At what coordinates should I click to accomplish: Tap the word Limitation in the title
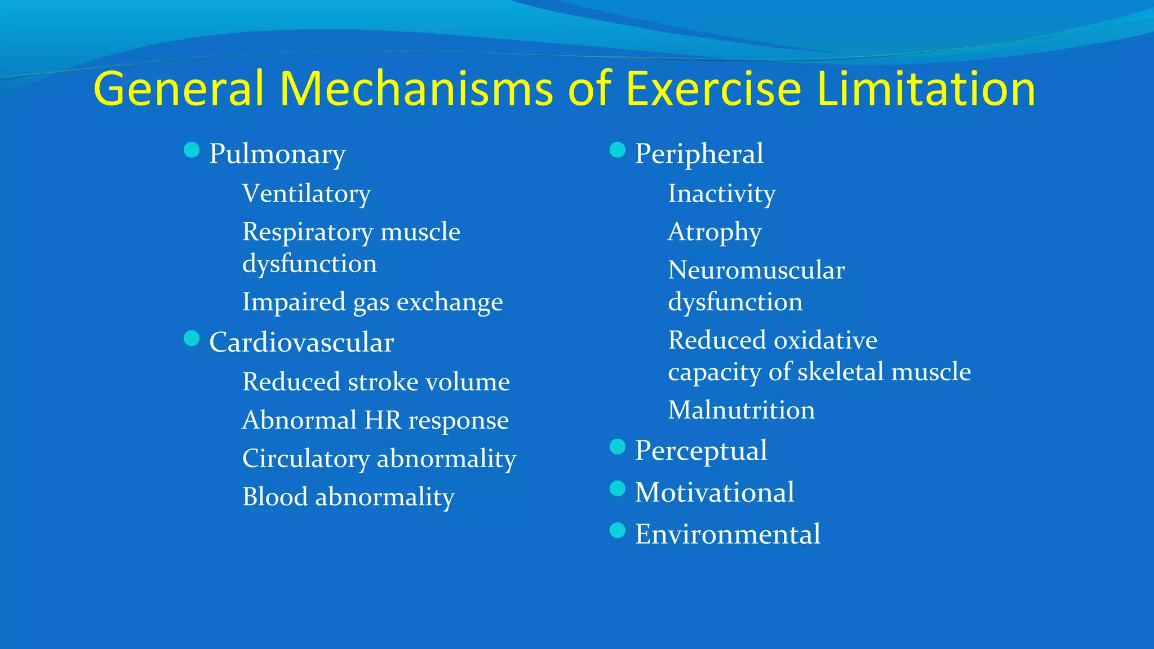point(925,89)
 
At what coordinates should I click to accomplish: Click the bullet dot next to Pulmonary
point(192,150)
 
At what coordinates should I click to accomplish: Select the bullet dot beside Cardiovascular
point(192,339)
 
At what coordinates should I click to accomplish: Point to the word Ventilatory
point(307,194)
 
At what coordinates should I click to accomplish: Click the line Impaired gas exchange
point(372,302)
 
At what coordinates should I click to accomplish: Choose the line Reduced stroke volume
point(376,382)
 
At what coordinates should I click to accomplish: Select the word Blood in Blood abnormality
point(275,497)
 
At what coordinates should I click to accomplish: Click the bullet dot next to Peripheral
point(618,150)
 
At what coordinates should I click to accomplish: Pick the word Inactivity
point(722,194)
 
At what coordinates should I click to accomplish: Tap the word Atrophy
point(714,232)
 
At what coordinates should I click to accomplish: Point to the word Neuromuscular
point(756,270)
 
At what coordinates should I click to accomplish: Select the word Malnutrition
point(741,410)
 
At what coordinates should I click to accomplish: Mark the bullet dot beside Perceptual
point(618,447)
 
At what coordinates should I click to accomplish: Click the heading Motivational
point(714,492)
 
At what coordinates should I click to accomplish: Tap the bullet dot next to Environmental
point(618,530)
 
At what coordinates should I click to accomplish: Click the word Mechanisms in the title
point(416,89)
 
